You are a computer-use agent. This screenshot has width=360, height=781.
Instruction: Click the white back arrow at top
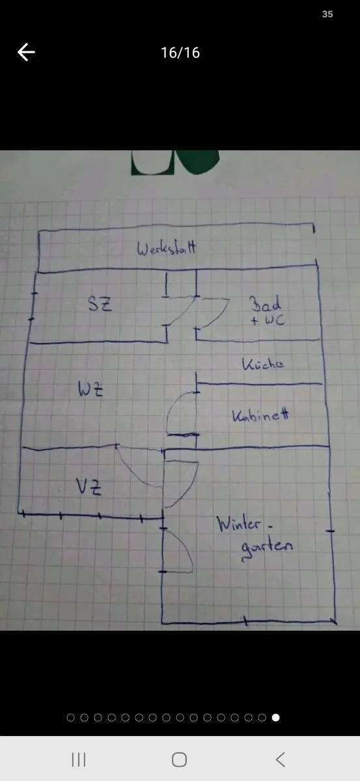point(26,52)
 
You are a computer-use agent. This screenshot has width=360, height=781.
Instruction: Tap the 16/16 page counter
point(180,53)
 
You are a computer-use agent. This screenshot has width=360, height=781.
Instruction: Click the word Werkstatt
point(167,248)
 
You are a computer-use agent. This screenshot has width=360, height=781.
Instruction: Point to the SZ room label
point(100,303)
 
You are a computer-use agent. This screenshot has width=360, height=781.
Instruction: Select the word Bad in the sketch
point(265,304)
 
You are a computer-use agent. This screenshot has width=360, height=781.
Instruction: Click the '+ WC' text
point(268,320)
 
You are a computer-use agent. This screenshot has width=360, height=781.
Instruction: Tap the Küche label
point(262,364)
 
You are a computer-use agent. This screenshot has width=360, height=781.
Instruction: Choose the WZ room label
point(90,389)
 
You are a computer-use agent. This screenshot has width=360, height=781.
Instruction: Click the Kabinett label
point(260,415)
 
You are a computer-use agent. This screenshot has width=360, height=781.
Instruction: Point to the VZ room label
point(89,487)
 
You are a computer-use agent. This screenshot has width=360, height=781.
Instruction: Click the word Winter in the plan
point(239,524)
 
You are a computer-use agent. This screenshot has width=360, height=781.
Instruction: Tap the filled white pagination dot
point(275,717)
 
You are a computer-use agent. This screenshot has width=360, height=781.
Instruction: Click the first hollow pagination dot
point(70,717)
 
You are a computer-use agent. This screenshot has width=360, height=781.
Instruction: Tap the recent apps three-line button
point(79,759)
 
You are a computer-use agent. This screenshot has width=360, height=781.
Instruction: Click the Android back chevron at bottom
point(280,759)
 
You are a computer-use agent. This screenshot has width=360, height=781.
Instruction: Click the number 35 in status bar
point(327,14)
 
